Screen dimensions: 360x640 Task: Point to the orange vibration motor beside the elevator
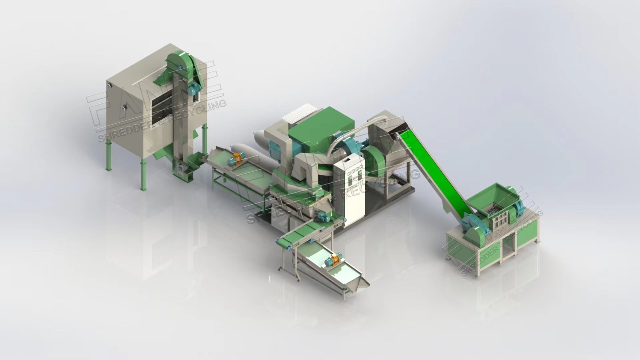[235, 159]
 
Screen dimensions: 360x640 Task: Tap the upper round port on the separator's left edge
[109, 85]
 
